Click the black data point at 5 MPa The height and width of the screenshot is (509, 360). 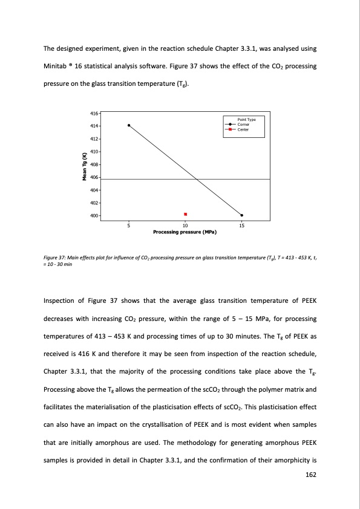pos(129,125)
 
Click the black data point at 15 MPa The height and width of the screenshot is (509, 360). pos(242,215)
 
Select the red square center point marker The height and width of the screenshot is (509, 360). pos(185,214)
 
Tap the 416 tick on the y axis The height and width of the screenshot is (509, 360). pos(94,113)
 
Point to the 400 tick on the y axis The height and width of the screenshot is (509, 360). pos(94,216)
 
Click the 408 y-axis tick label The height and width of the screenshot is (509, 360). pos(94,164)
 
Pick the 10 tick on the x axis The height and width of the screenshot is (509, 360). pos(185,225)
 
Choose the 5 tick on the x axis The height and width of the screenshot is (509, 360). pos(129,225)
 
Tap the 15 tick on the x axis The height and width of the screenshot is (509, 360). pos(242,225)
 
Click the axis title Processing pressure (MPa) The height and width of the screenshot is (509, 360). pos(185,232)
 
